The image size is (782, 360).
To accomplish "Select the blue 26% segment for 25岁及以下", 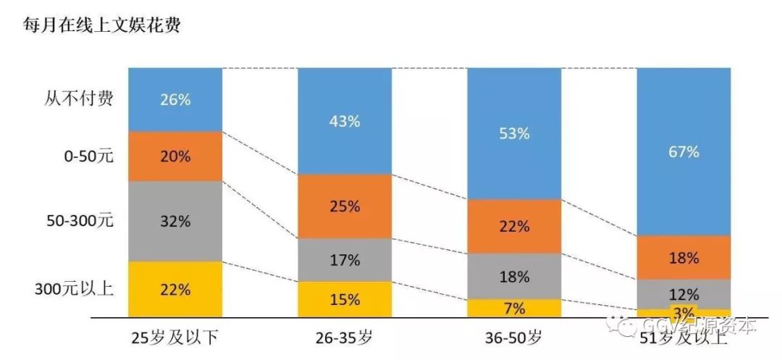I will click(x=175, y=100).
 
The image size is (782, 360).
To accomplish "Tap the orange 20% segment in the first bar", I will click(x=175, y=156).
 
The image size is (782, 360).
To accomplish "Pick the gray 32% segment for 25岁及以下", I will click(x=175, y=220).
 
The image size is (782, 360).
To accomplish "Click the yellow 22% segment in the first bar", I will click(x=175, y=289).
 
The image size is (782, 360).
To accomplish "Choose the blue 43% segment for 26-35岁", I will click(x=344, y=121).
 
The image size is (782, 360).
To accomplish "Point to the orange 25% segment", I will click(x=344, y=206).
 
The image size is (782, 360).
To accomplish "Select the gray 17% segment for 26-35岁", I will click(x=344, y=259).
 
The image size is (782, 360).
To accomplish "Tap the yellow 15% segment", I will click(x=344, y=299).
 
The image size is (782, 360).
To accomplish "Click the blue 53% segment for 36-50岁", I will click(x=513, y=133).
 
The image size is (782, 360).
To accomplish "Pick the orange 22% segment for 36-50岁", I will click(x=513, y=226).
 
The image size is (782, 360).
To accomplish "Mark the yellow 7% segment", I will click(x=513, y=308).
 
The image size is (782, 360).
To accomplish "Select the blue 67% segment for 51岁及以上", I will click(x=684, y=151).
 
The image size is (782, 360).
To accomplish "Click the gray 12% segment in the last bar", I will click(x=684, y=294).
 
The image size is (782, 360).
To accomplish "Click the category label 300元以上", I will click(x=74, y=289).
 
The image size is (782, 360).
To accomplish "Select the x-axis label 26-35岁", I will click(x=344, y=337).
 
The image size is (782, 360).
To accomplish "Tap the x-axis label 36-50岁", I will click(x=513, y=337).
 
